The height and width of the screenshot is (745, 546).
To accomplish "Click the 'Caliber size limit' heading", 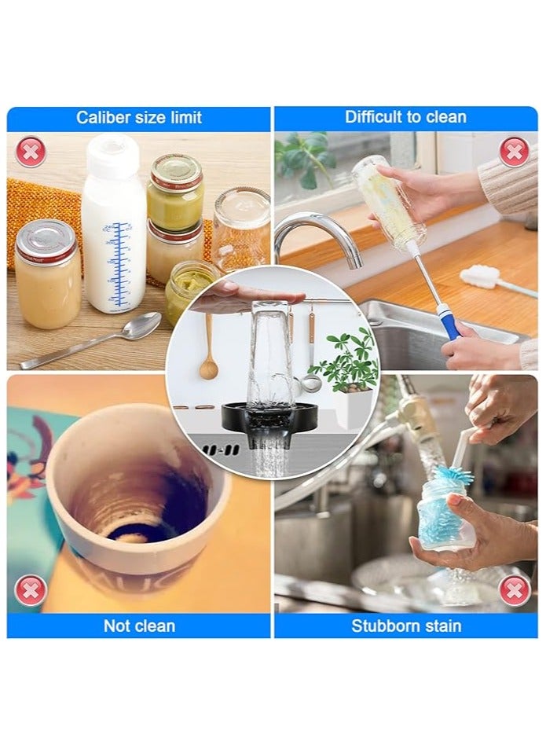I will click(x=138, y=118).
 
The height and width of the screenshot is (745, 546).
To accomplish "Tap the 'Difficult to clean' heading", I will click(x=405, y=117).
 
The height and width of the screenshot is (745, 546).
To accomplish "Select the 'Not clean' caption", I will click(x=139, y=626).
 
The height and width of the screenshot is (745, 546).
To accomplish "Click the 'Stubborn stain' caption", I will click(x=406, y=626).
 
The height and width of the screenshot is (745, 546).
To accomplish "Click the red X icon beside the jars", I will click(x=30, y=151).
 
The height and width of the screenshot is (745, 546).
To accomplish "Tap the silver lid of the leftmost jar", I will click(x=46, y=239).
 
